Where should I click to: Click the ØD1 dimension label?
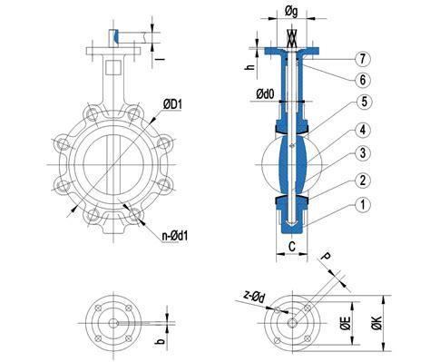(x=175, y=105)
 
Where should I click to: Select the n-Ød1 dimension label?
(x=181, y=238)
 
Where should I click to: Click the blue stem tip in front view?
(x=116, y=34)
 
